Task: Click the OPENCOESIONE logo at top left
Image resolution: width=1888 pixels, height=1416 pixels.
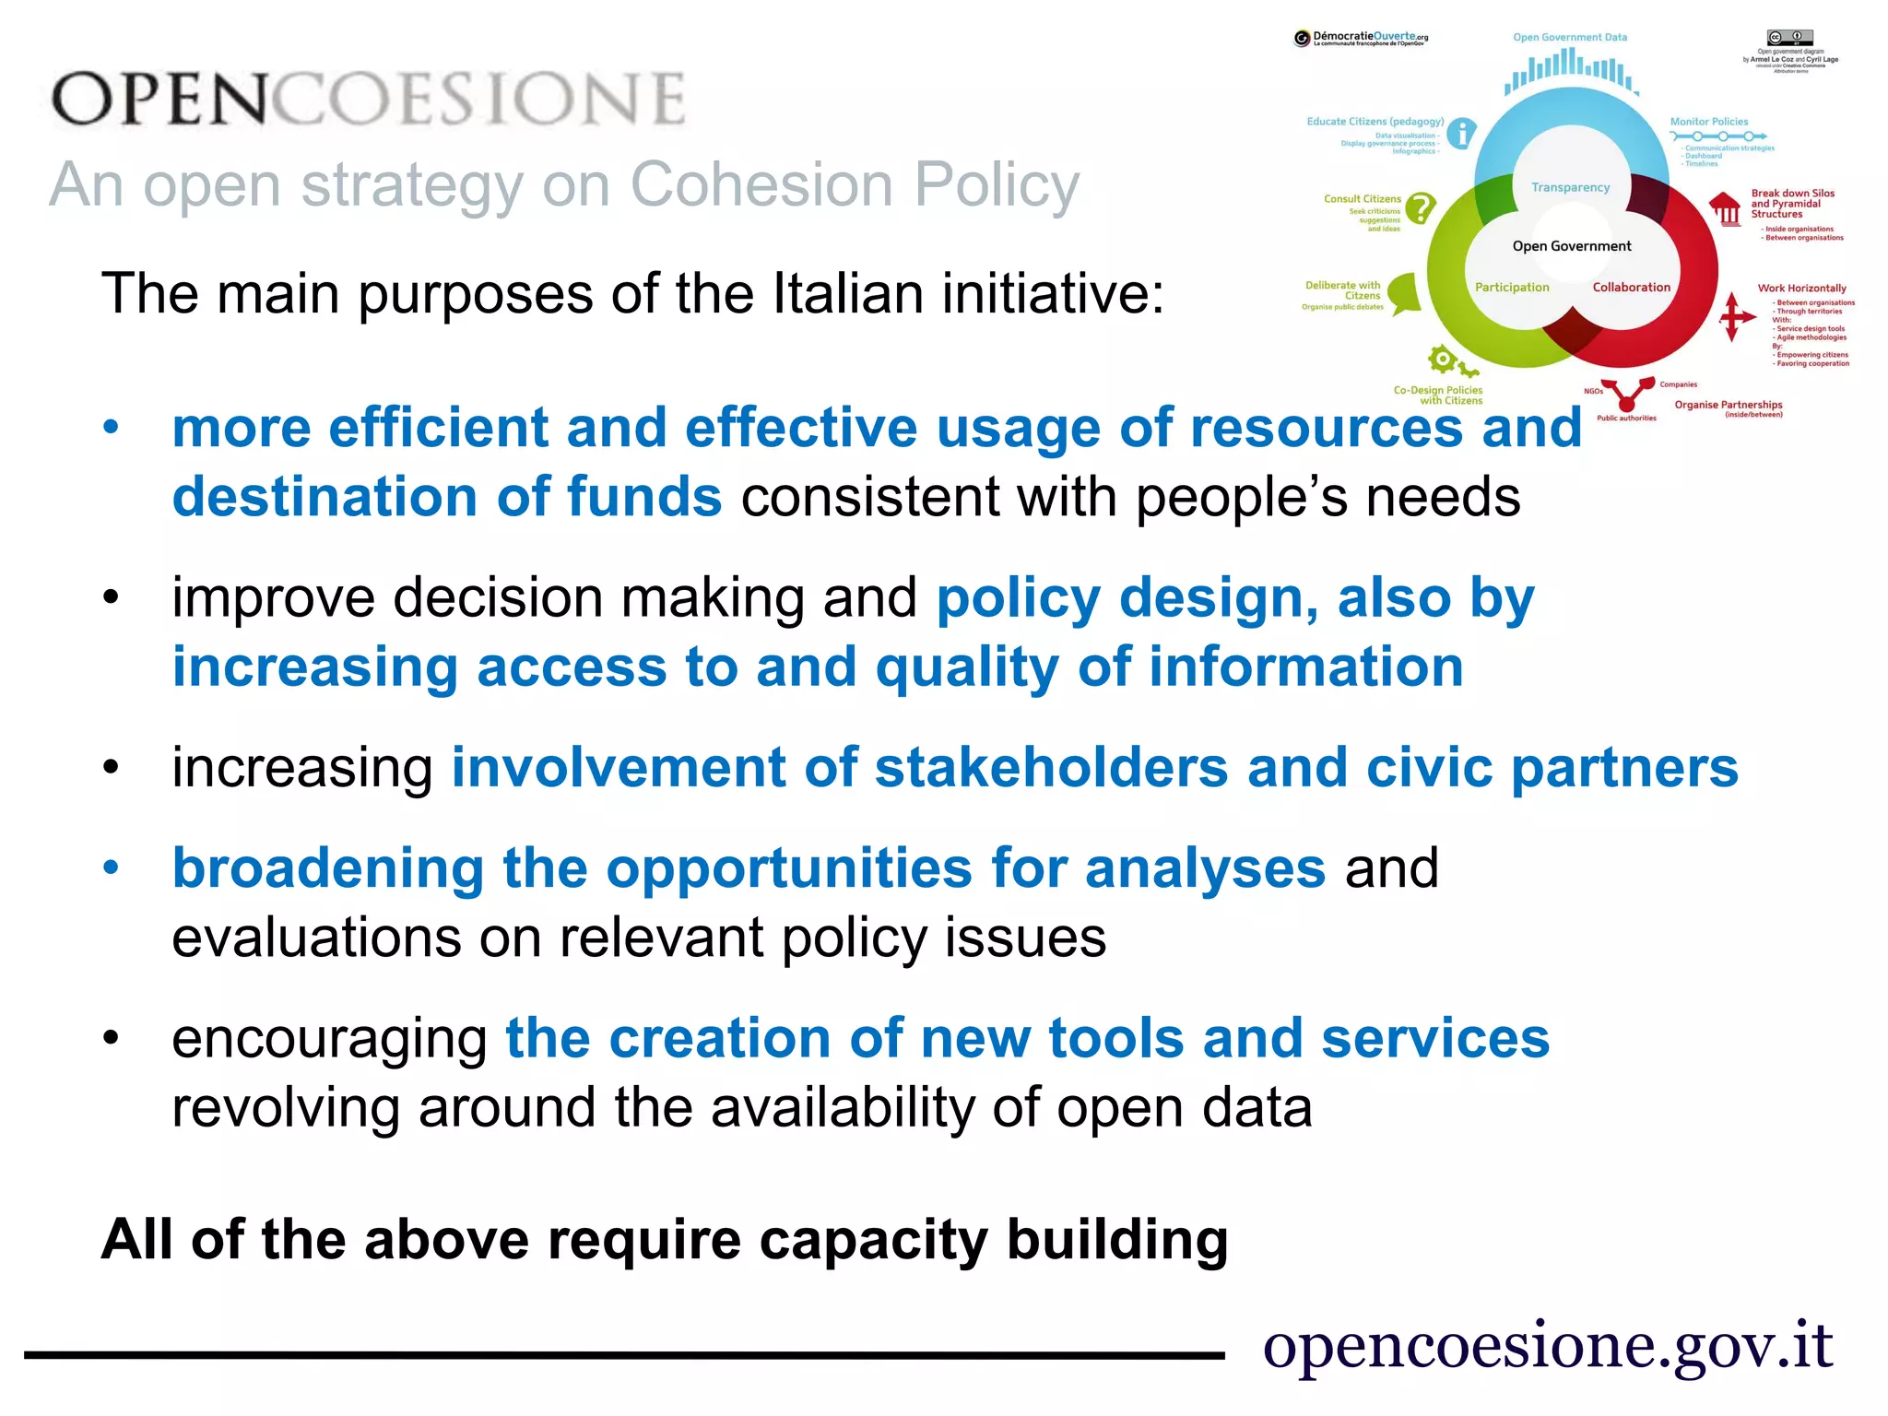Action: click(369, 99)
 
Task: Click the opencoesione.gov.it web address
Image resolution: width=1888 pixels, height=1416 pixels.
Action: click(1548, 1346)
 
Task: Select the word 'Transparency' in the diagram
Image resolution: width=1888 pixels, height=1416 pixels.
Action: click(1570, 187)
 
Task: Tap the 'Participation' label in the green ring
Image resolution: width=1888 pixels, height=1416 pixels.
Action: click(1512, 287)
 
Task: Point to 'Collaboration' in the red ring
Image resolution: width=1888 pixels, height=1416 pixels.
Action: click(1631, 287)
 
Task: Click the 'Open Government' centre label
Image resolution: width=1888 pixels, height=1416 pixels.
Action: click(1572, 246)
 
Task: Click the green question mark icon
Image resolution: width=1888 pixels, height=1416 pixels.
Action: click(1421, 208)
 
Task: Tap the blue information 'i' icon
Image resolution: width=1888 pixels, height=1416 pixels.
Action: click(1461, 134)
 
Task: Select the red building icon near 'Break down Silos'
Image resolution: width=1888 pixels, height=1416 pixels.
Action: click(1725, 208)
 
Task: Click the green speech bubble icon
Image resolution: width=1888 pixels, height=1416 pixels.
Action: click(1405, 293)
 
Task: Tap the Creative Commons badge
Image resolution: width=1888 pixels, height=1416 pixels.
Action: click(1789, 38)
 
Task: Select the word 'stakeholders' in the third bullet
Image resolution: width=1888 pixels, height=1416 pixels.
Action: click(1051, 768)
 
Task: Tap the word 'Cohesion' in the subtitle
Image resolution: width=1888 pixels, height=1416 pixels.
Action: click(761, 184)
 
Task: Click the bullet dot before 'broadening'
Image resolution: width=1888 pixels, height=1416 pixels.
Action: click(112, 868)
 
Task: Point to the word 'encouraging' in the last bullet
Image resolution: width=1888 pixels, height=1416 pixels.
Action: click(330, 1039)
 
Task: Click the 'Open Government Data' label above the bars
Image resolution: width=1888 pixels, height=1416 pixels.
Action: click(1570, 38)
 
